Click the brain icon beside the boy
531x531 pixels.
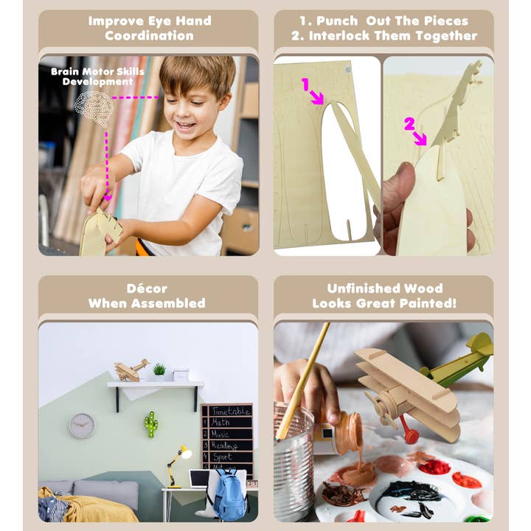(x=94, y=108)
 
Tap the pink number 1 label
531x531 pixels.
(x=305, y=84)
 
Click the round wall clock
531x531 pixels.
(x=82, y=426)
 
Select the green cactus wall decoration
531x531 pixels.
(x=150, y=424)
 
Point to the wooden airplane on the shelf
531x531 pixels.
(x=131, y=369)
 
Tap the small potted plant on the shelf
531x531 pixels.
(x=159, y=370)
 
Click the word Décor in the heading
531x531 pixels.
(x=147, y=288)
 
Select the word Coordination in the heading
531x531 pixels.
(x=149, y=35)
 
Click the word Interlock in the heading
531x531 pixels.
(x=350, y=35)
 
